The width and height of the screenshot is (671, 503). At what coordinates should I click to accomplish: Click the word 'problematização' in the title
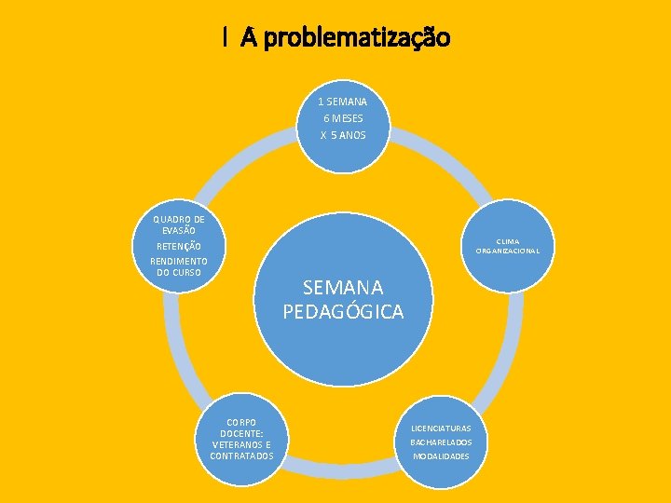[357, 38]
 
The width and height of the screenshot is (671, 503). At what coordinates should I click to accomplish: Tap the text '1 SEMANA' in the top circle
[342, 102]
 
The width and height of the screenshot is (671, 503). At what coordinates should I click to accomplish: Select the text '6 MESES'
[343, 118]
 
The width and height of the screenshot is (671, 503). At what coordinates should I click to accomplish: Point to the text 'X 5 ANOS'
[343, 135]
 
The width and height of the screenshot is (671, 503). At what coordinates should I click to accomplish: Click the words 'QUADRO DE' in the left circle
[179, 220]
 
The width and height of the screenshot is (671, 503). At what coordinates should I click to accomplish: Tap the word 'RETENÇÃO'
[178, 246]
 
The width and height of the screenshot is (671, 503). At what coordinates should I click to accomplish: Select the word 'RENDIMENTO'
[179, 262]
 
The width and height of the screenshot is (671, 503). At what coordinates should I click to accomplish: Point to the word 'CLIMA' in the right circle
[508, 241]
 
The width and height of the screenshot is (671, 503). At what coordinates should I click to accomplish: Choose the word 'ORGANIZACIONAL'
[508, 251]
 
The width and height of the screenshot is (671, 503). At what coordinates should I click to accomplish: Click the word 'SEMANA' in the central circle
[343, 290]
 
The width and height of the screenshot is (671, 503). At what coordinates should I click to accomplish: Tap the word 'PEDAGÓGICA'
[343, 311]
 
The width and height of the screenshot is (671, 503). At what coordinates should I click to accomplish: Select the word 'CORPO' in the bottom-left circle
[241, 422]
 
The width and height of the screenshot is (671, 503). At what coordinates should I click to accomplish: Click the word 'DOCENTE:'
[241, 433]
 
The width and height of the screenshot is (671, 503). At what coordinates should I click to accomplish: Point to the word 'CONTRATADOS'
[241, 455]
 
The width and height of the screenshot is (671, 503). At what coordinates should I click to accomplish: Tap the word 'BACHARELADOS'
[441, 442]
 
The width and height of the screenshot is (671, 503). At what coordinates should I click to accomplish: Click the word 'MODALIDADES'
[441, 456]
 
